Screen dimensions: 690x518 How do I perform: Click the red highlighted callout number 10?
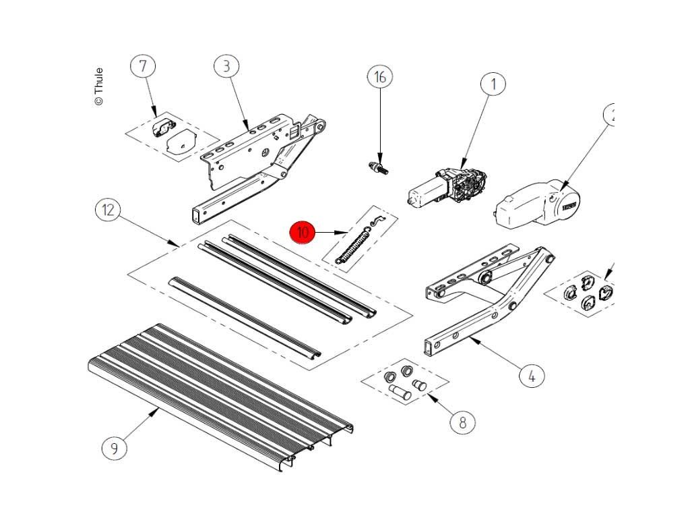coord(303,233)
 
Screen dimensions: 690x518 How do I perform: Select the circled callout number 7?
coord(143,66)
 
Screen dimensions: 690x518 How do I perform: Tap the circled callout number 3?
coord(226,66)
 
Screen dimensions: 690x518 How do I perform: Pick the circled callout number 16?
coord(380,77)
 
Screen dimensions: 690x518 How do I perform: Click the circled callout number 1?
coord(493,84)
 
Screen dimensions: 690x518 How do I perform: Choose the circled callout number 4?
coord(531,376)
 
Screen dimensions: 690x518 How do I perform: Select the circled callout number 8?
coord(462,423)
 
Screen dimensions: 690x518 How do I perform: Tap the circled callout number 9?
coord(115,448)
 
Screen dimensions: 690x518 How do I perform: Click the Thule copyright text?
coord(99,86)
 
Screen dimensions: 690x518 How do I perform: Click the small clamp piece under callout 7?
coord(164,126)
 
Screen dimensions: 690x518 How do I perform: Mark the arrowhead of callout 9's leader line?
coord(158,409)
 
